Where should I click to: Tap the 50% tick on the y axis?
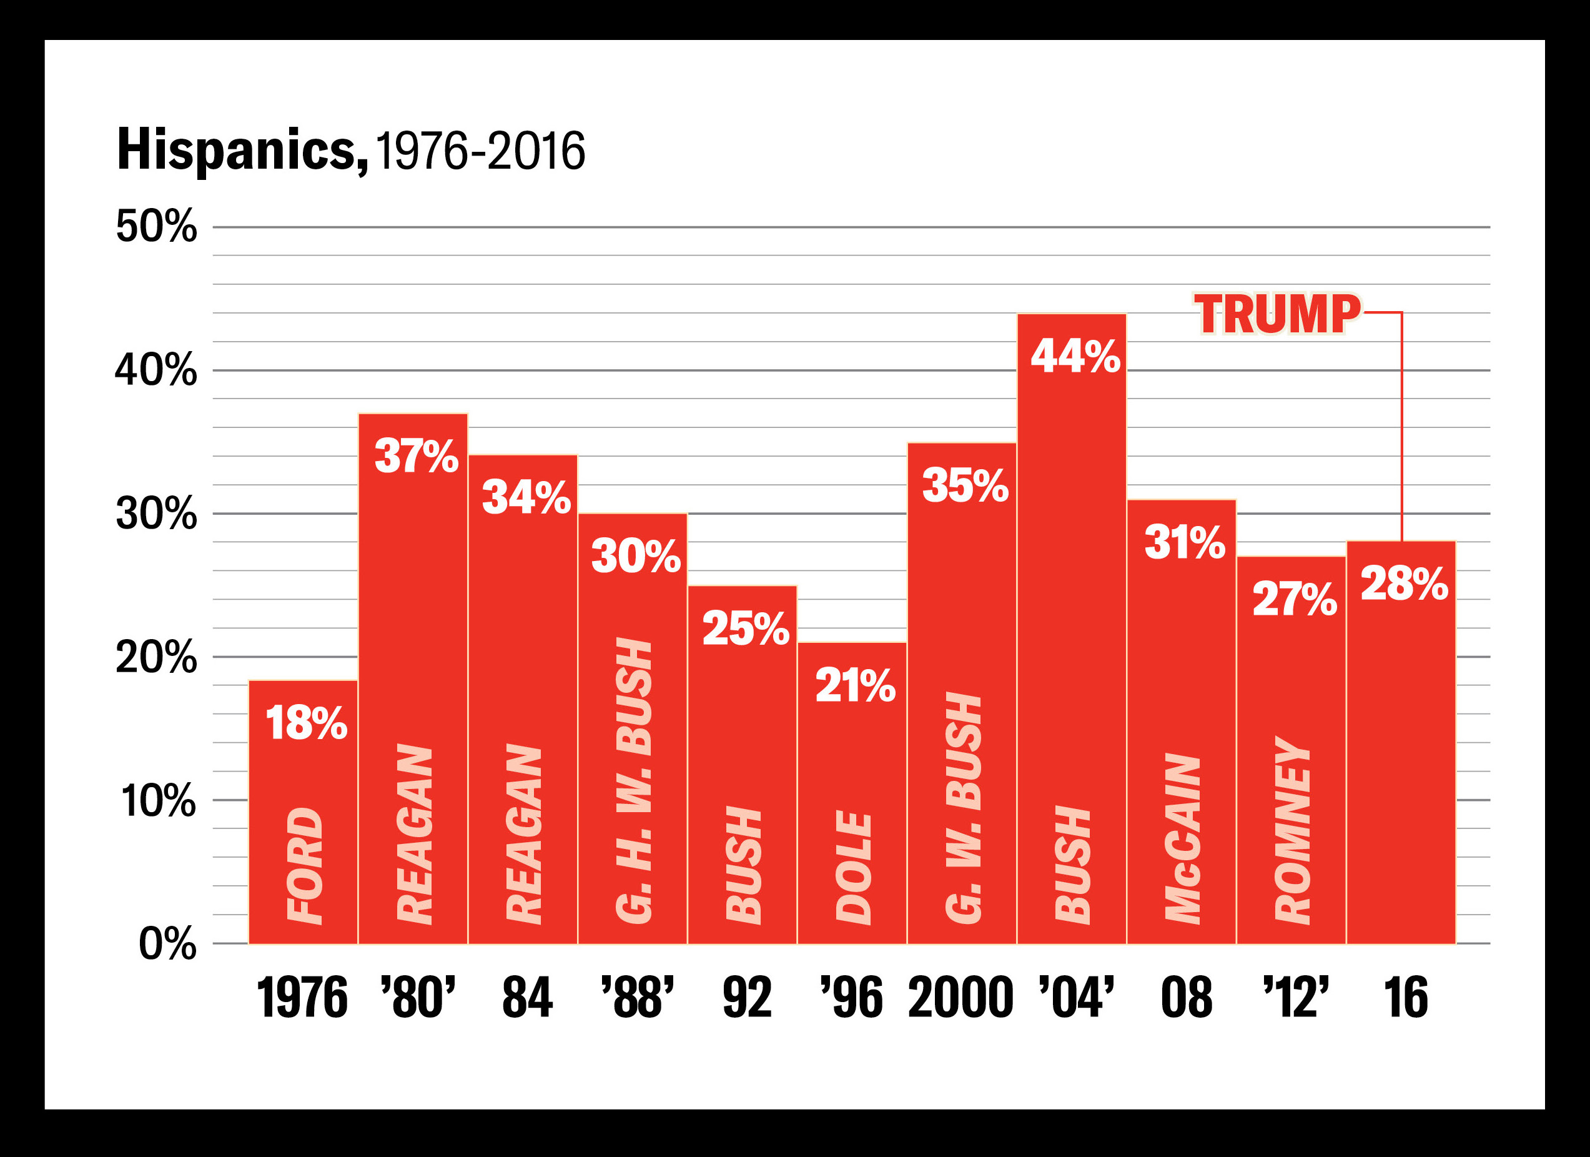pyautogui.click(x=156, y=227)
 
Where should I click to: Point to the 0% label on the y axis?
pyautogui.click(x=167, y=944)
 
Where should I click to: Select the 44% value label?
pyautogui.click(x=1075, y=356)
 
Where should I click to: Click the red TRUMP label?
pyautogui.click(x=1277, y=314)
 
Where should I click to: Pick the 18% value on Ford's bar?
pyautogui.click(x=305, y=723)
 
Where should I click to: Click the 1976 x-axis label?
pyautogui.click(x=302, y=998)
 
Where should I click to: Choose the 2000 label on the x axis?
pyautogui.click(x=960, y=998)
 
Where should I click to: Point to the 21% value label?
pyautogui.click(x=854, y=685)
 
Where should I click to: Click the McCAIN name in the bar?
pyautogui.click(x=1183, y=837)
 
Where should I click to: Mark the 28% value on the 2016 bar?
pyautogui.click(x=1405, y=583)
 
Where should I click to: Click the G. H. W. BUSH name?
pyautogui.click(x=635, y=780)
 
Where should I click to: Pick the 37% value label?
pyautogui.click(x=417, y=457)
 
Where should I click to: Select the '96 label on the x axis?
pyautogui.click(x=852, y=998)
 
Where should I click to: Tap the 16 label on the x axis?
pyautogui.click(x=1405, y=998)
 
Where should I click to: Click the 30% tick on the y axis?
pyautogui.click(x=156, y=514)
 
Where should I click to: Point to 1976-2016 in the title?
pyautogui.click(x=480, y=151)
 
